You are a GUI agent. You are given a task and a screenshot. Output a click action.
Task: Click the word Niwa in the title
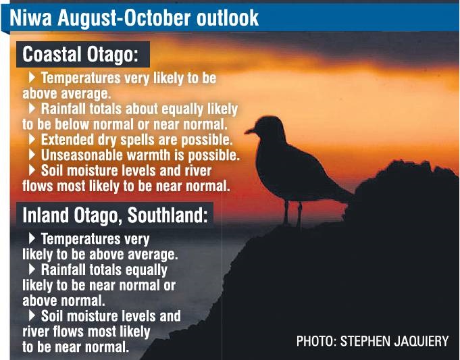31,18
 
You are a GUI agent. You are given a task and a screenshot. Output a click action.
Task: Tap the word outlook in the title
228,18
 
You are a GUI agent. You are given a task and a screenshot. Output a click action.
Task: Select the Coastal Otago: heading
80,55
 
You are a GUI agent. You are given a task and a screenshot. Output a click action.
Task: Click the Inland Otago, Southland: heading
115,215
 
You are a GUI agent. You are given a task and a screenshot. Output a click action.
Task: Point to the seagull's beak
250,131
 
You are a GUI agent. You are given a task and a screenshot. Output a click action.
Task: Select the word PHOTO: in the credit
316,341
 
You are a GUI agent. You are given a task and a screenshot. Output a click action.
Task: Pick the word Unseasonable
82,155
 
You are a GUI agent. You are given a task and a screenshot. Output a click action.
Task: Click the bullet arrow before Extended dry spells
32,139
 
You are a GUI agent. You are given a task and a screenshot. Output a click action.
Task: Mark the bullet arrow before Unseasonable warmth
32,155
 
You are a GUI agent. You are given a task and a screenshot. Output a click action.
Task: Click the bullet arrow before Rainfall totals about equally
32,109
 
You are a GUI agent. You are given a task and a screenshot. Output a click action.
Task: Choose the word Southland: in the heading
168,215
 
